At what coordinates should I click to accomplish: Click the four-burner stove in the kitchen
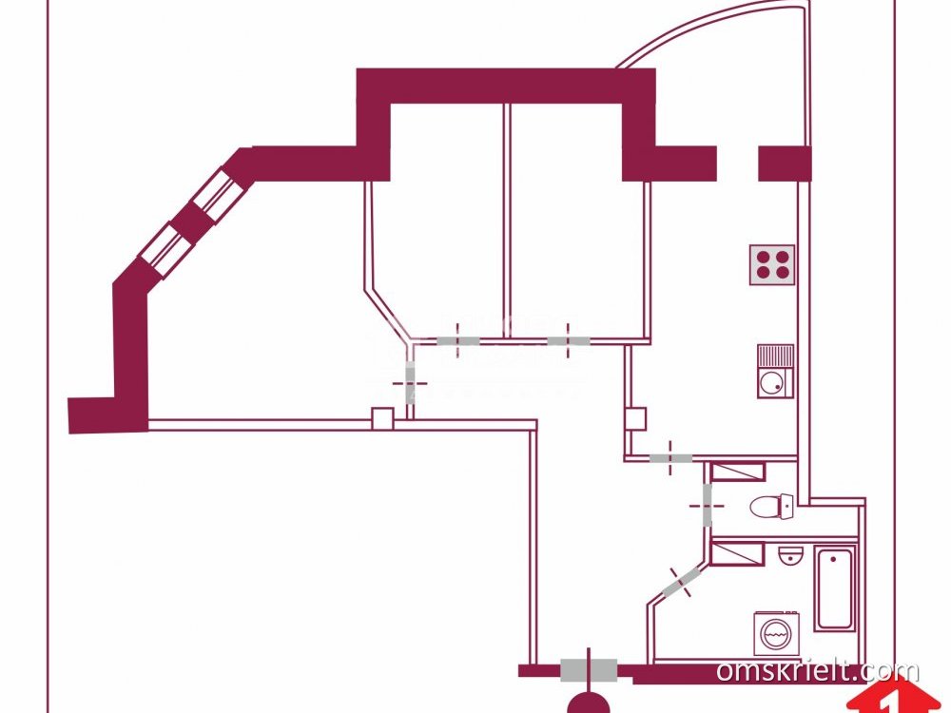coord(772,265)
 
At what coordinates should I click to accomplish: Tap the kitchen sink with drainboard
coord(775,372)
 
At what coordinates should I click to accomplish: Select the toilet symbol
coord(771,506)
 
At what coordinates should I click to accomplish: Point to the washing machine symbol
coord(776,633)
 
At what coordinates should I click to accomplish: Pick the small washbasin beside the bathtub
coord(790,555)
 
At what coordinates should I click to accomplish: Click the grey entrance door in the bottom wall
coord(588,670)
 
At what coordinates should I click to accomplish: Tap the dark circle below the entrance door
coord(590,703)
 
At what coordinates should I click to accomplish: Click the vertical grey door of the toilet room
coord(707,504)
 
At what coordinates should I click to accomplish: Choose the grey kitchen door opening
coord(671,458)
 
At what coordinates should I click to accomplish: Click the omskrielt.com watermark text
coord(805,671)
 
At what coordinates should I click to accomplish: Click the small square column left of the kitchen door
coord(636,417)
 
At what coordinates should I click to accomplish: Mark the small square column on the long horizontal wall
coord(382,417)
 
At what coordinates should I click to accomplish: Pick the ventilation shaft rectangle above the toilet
coord(738,472)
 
